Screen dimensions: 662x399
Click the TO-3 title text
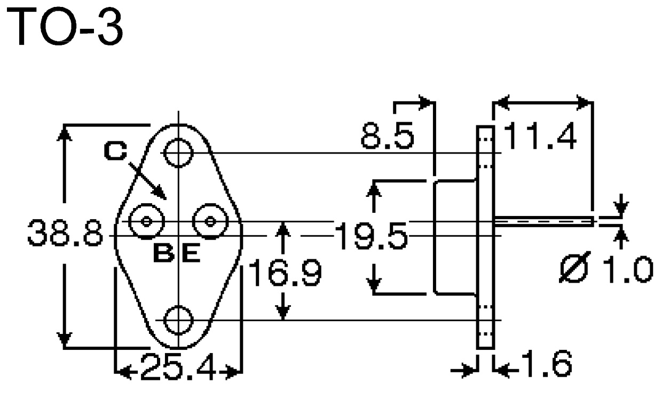point(64,27)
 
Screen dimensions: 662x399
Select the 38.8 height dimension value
point(65,233)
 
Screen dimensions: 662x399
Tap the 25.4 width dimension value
point(178,366)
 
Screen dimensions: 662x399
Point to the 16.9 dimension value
point(285,273)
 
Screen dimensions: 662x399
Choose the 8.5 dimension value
point(388,136)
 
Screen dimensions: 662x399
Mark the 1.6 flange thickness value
point(547,364)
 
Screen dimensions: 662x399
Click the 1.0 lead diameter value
point(627,269)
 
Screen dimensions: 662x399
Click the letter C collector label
point(115,151)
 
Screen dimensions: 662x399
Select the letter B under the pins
point(164,253)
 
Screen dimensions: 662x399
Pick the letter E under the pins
point(191,253)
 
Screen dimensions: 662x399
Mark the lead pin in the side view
point(544,221)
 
